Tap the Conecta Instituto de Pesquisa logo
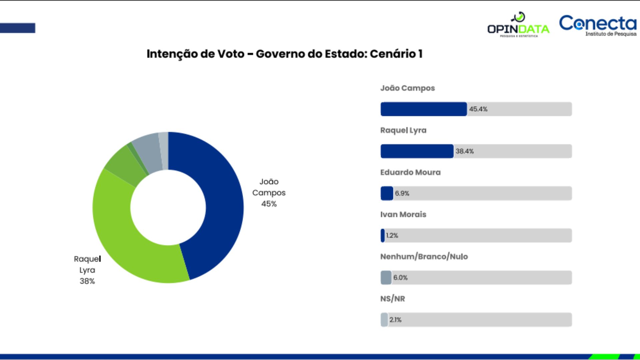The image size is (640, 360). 598,25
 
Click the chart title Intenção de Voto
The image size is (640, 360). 284,54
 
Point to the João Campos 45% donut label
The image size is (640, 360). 269,193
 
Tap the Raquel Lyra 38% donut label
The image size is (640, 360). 87,270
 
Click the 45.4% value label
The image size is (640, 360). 478,109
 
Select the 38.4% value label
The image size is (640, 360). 465,151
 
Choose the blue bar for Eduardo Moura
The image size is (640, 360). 387,193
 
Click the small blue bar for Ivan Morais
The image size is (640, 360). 383,235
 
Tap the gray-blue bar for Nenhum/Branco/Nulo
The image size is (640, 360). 386,277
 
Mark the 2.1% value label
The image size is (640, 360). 395,320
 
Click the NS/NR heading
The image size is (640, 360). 392,299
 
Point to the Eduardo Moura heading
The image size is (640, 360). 410,172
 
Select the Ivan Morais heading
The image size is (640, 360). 403,214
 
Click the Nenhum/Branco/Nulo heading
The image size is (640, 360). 424,257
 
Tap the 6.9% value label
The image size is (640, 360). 402,193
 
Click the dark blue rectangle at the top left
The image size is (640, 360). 17,28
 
